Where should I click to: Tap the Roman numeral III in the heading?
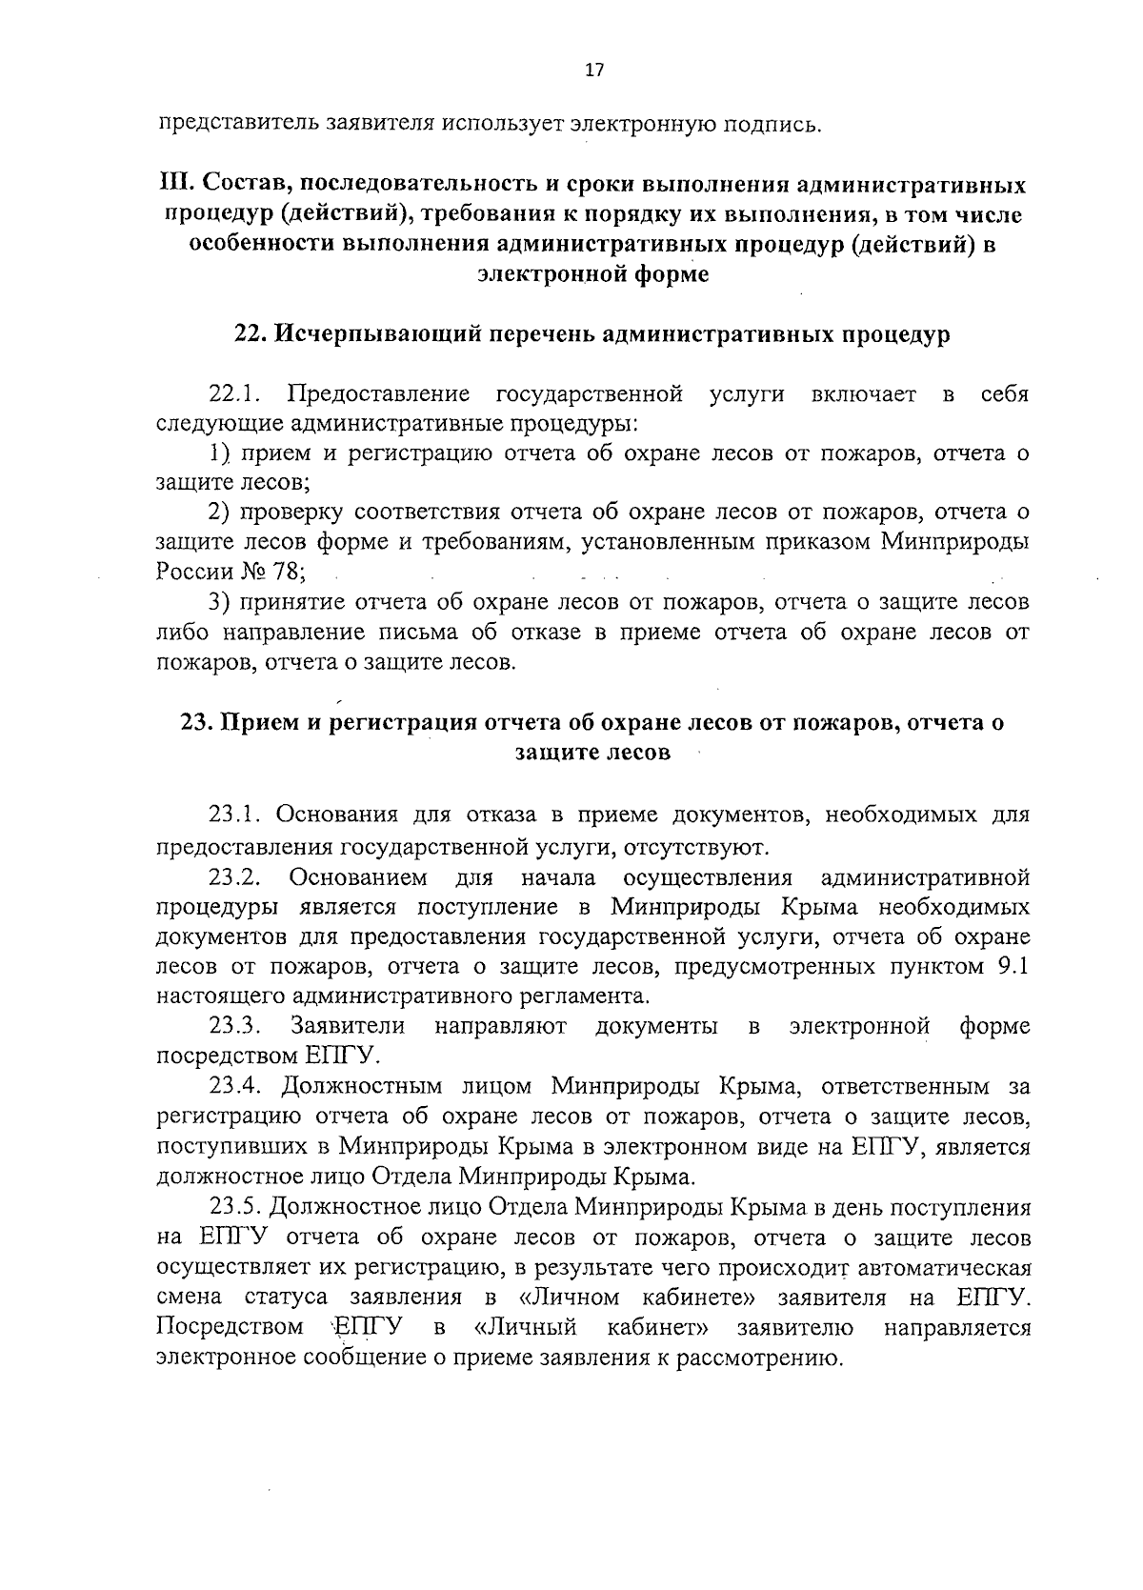pos(172,184)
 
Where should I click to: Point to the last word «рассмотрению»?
pos(760,1358)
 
